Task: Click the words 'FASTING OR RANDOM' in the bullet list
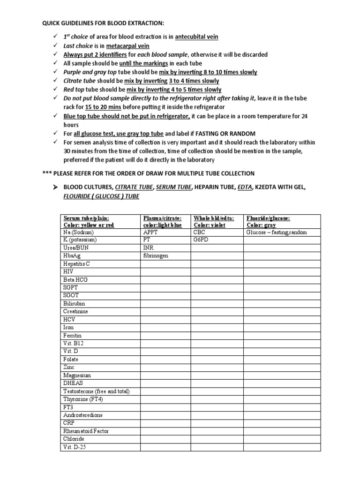click(225, 134)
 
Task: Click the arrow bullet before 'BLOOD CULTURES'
click(55, 187)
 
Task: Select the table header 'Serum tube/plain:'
click(86, 218)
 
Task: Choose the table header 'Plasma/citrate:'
click(162, 218)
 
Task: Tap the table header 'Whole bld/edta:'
click(213, 218)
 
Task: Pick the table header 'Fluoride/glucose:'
click(268, 218)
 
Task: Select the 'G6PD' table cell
click(201, 240)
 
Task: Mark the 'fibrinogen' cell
click(157, 256)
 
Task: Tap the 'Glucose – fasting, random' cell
click(277, 232)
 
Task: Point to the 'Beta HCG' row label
click(75, 280)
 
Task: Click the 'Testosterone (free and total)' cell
click(96, 391)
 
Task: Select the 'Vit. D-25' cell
click(75, 447)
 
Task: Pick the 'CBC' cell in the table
click(199, 232)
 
